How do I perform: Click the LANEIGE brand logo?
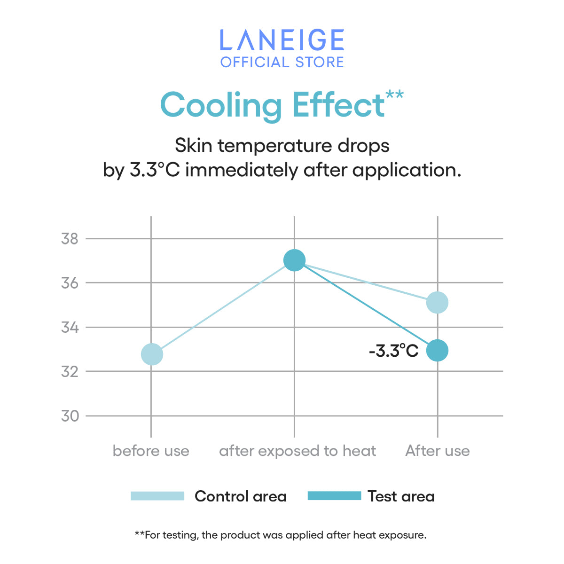tap(282, 40)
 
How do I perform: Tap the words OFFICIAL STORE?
tap(282, 62)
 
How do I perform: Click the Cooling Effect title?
tap(273, 105)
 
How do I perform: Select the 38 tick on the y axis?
tap(70, 239)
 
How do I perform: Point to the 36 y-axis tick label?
tap(70, 283)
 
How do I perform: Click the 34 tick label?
tap(70, 327)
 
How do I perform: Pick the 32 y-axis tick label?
tap(70, 371)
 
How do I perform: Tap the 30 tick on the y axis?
tap(70, 416)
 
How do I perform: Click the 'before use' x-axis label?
tap(151, 451)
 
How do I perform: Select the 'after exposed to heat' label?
tap(298, 451)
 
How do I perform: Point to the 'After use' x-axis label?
tap(438, 451)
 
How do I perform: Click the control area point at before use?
tap(152, 354)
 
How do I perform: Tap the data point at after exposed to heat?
tap(295, 260)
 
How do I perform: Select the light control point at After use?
tap(437, 302)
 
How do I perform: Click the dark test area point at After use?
tap(437, 351)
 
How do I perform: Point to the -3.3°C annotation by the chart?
tap(393, 351)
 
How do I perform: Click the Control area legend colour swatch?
tap(157, 496)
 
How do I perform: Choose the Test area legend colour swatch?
tap(334, 496)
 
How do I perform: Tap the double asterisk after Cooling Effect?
tap(394, 94)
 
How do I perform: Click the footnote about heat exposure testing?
tap(281, 535)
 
